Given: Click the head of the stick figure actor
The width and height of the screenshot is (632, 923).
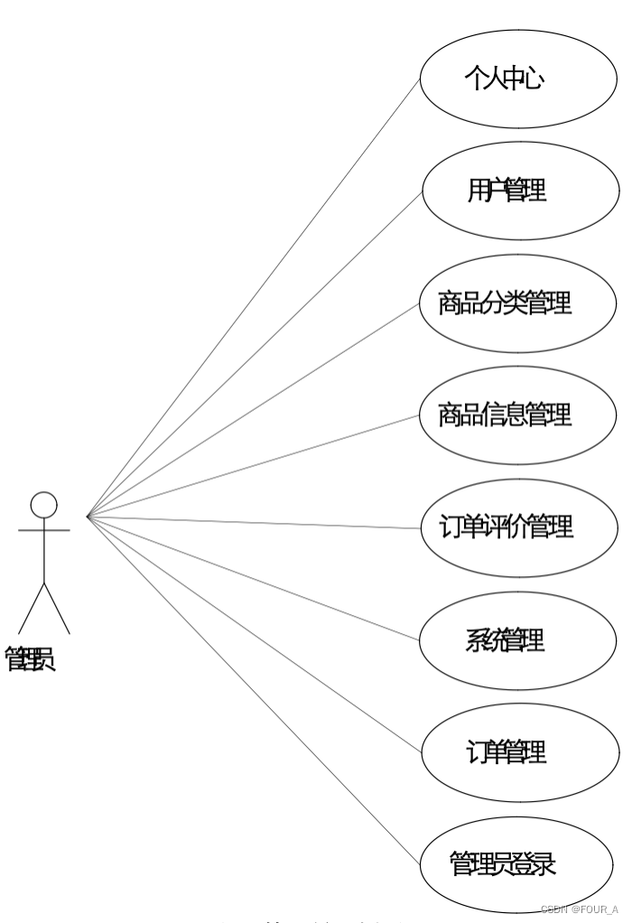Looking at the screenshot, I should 43,505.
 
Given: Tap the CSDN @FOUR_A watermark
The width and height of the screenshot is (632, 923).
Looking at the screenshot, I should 580,909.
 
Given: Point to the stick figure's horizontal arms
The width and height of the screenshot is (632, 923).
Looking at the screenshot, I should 43,530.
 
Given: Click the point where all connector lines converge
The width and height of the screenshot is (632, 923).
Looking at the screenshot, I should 88,517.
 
